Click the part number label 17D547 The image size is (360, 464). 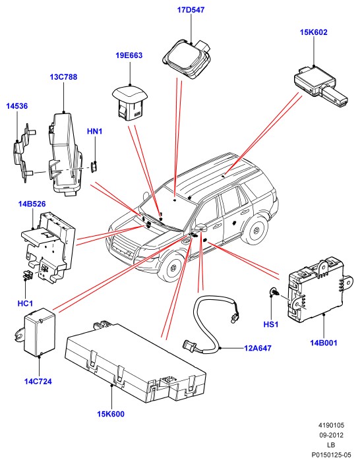[191, 10]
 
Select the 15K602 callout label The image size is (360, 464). [314, 32]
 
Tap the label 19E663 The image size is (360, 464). [129, 55]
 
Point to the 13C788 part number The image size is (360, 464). [63, 77]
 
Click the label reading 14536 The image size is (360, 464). [17, 106]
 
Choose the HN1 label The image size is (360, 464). [95, 131]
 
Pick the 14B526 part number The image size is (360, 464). [32, 204]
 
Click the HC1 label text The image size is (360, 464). [25, 303]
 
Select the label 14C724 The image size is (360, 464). [38, 382]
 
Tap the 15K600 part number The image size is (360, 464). [111, 414]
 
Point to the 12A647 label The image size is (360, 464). [258, 348]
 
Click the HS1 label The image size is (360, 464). [271, 324]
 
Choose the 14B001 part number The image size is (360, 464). [324, 343]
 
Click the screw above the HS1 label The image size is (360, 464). [273, 292]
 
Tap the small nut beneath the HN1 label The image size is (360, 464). [94, 167]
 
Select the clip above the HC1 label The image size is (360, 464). [28, 275]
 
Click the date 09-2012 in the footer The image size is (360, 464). [331, 435]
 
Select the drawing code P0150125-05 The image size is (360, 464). [331, 455]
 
